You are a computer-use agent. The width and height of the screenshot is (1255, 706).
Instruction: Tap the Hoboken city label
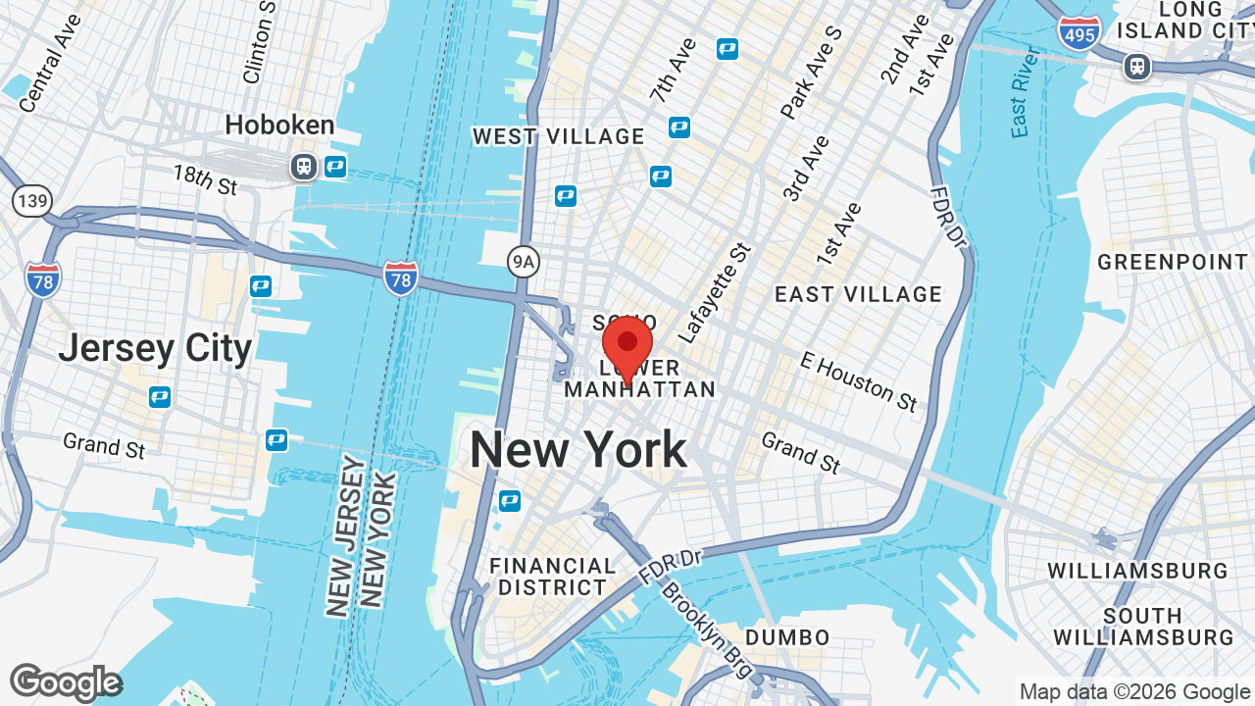pyautogui.click(x=279, y=126)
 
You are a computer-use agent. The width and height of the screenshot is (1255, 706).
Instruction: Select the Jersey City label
pyautogui.click(x=155, y=348)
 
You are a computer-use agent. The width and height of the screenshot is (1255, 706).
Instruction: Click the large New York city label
pyautogui.click(x=578, y=450)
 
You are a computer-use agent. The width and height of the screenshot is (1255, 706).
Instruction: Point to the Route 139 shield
pyautogui.click(x=31, y=201)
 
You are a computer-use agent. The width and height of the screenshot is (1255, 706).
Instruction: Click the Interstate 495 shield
pyautogui.click(x=1079, y=31)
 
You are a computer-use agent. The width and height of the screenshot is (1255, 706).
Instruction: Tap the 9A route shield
pyautogui.click(x=525, y=261)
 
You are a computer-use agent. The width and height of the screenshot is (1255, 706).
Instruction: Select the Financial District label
pyautogui.click(x=552, y=577)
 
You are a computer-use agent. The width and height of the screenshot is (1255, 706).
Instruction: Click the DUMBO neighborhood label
pyautogui.click(x=787, y=638)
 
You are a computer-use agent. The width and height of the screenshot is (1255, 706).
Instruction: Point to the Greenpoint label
pyautogui.click(x=1172, y=262)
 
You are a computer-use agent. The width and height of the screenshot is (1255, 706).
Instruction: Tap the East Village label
pyautogui.click(x=858, y=294)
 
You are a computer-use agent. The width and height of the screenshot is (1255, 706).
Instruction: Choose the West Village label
pyautogui.click(x=559, y=136)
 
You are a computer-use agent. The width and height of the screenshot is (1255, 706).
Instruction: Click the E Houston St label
pyautogui.click(x=858, y=381)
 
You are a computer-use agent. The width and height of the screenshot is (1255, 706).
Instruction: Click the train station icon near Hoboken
pyautogui.click(x=304, y=167)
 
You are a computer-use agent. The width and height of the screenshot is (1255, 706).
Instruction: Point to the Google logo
pyautogui.click(x=65, y=682)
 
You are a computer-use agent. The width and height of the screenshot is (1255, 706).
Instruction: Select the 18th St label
pyautogui.click(x=205, y=179)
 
